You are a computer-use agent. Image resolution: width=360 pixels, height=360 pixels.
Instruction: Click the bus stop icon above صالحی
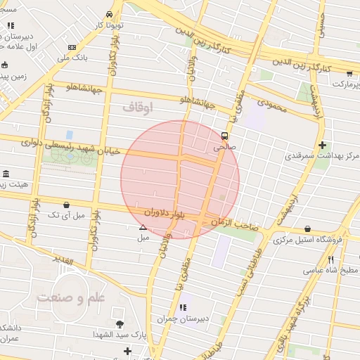tap(224, 136)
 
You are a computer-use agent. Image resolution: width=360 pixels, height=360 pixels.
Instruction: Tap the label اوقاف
tap(138, 107)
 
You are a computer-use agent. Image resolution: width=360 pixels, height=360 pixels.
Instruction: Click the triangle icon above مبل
tap(143, 227)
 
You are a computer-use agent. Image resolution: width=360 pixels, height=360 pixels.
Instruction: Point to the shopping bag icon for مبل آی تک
tap(66, 205)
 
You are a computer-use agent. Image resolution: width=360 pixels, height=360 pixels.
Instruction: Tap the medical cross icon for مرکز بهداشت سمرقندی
tap(322, 146)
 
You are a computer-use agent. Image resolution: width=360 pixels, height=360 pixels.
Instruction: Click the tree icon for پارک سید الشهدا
tap(119, 324)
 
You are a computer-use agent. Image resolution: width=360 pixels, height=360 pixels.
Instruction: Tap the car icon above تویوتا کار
tap(109, 14)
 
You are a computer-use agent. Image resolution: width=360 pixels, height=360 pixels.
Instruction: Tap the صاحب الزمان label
tap(234, 222)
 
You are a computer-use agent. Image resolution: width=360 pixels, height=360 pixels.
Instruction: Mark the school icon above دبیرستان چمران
tap(182, 307)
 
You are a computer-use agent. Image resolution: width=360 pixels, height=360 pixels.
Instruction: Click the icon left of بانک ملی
tap(72, 48)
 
